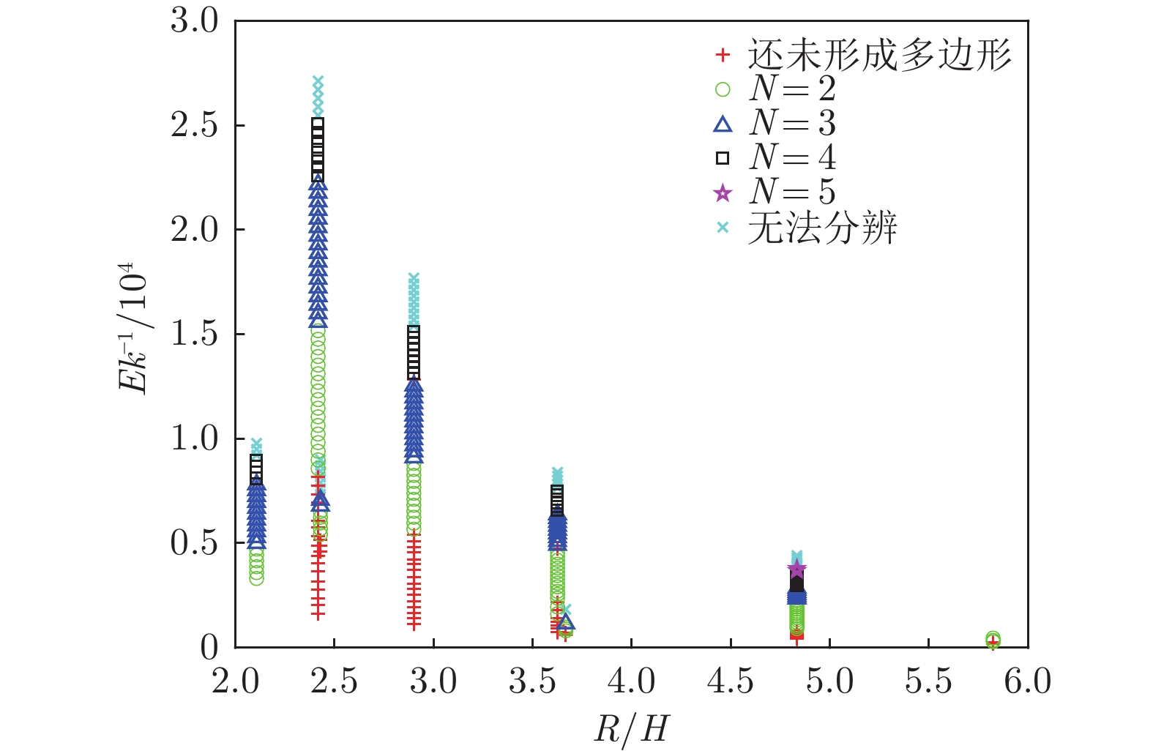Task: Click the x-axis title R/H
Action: point(631,728)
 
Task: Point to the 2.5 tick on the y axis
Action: point(194,126)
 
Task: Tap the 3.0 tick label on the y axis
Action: point(194,20)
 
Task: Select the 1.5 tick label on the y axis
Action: point(194,335)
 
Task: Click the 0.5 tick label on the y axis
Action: point(194,543)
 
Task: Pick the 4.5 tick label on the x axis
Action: point(731,681)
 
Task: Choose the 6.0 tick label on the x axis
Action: point(1027,681)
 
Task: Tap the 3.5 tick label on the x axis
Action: point(532,681)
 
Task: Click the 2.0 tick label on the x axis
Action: point(236,681)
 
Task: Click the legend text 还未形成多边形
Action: point(879,55)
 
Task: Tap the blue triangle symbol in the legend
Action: point(723,124)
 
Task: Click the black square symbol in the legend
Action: point(723,158)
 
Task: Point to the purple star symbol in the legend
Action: point(723,193)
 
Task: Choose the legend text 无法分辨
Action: point(822,228)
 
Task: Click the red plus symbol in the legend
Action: point(723,55)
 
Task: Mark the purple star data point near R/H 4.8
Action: point(796,568)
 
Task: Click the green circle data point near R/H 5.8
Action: point(993,638)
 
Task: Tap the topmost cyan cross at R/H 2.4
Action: point(318,81)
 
